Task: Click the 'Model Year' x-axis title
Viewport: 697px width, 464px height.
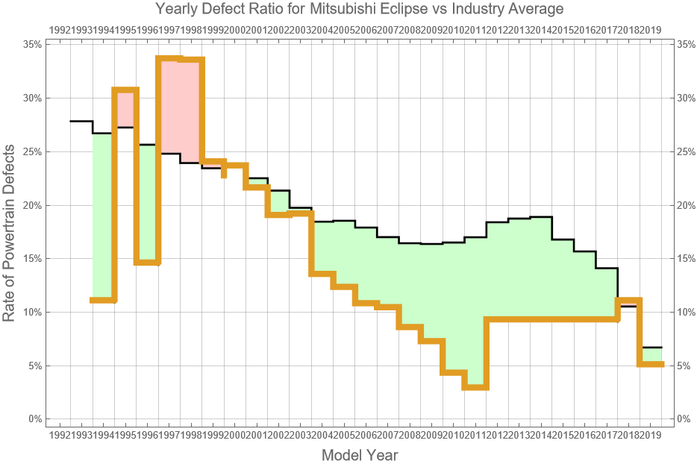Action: [x=359, y=454]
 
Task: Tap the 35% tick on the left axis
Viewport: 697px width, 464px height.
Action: [x=31, y=44]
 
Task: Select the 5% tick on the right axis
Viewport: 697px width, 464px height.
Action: [x=686, y=366]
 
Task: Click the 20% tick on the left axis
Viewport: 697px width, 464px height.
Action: [x=31, y=205]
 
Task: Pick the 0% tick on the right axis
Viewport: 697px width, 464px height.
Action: [x=686, y=419]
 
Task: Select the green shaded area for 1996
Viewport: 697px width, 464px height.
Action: [x=148, y=201]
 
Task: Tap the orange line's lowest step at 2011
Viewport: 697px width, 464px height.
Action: [x=475, y=386]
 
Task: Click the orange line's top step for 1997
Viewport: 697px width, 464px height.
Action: [x=169, y=59]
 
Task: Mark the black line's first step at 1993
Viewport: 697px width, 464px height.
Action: [x=81, y=121]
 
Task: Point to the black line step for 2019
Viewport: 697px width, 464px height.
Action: [x=651, y=348]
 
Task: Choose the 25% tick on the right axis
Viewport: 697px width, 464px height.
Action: [x=686, y=151]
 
